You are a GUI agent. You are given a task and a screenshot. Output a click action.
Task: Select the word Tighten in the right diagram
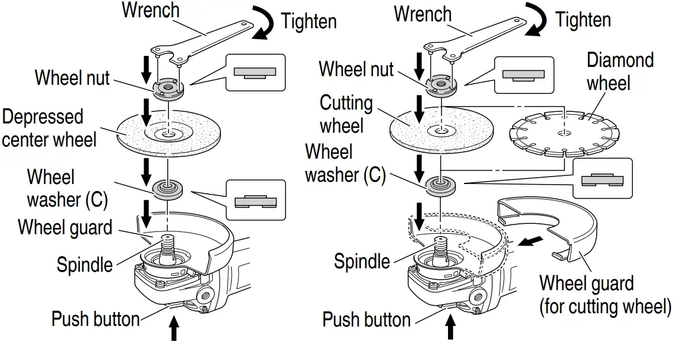point(582,20)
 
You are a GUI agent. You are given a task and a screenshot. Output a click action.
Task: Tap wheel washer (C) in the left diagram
point(168,188)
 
